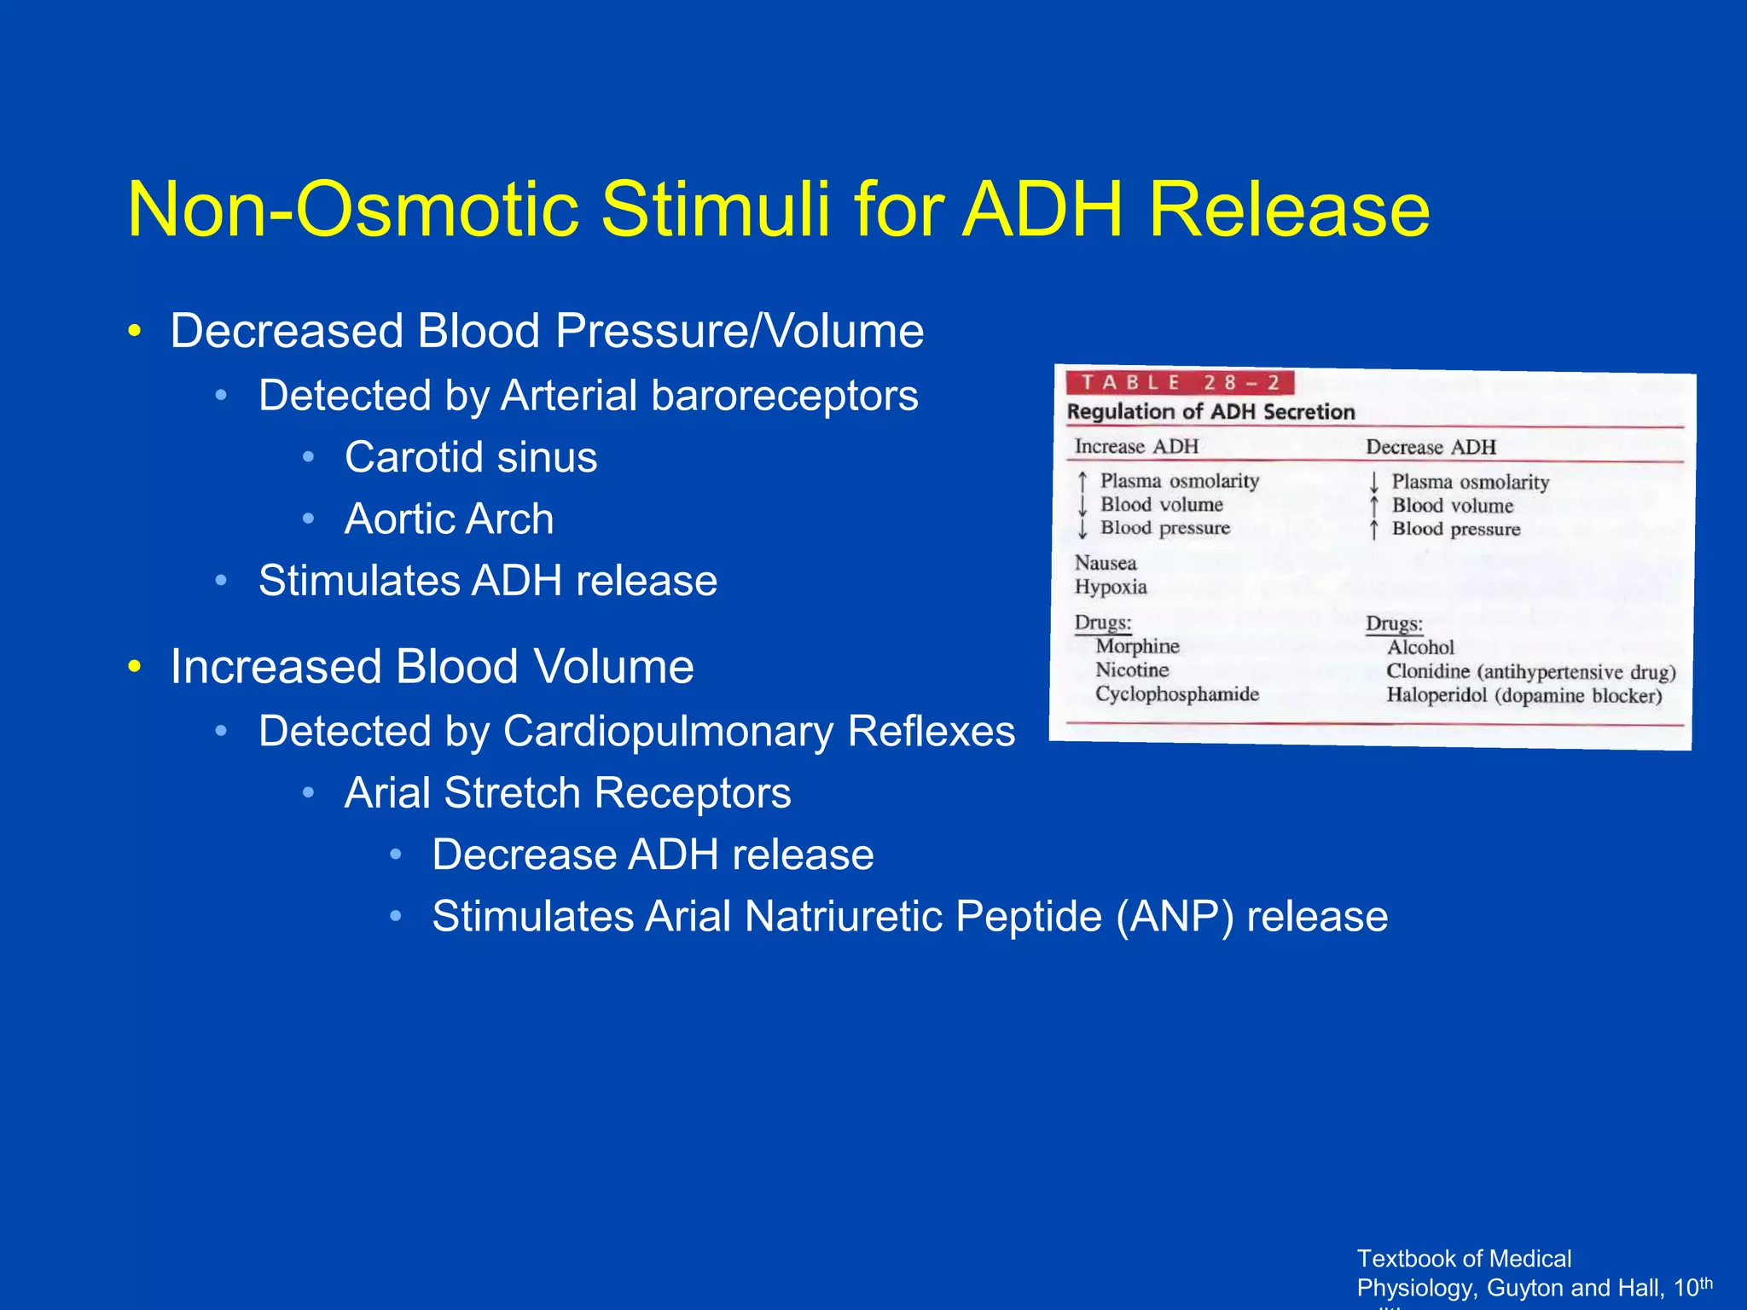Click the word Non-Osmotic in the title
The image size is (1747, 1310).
tap(353, 211)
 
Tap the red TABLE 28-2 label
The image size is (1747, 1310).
tap(1180, 383)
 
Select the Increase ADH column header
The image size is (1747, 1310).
tap(1136, 446)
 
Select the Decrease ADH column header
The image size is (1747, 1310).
tap(1431, 447)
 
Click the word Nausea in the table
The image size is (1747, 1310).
tap(1106, 563)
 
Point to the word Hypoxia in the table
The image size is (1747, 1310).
tap(1111, 587)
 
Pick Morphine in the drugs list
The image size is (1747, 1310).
tap(1137, 646)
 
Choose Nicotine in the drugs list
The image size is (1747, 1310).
tap(1132, 669)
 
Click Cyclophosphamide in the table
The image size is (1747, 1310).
tap(1177, 693)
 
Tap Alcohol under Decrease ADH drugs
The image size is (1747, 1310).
tap(1420, 647)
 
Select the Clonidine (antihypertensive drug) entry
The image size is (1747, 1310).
tap(1530, 672)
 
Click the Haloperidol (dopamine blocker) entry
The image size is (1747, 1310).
tap(1524, 695)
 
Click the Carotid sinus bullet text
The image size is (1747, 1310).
tap(471, 457)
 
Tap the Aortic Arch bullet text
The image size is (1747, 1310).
tap(449, 519)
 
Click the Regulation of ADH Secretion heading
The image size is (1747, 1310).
tap(1210, 412)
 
